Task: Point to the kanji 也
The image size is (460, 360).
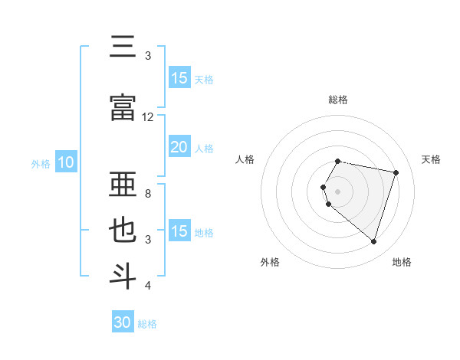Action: (123, 231)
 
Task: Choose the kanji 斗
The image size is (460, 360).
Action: (123, 276)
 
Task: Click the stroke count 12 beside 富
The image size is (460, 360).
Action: (148, 117)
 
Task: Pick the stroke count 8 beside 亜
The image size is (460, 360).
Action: (148, 194)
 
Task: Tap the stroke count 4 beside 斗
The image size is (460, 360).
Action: (148, 286)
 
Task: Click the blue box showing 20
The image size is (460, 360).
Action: (179, 147)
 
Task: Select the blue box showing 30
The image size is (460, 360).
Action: (123, 322)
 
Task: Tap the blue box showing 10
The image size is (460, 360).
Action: (66, 162)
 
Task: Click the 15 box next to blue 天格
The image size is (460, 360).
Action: (179, 78)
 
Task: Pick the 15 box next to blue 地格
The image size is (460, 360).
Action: (179, 231)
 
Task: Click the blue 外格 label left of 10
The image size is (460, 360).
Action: (41, 163)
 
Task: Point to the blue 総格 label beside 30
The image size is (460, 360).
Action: (147, 324)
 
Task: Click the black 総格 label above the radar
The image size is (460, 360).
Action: (338, 100)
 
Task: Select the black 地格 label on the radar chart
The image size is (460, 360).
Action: (402, 262)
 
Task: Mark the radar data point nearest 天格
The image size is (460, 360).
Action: (396, 173)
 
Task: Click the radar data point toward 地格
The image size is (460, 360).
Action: (373, 242)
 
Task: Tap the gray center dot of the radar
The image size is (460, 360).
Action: (338, 191)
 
